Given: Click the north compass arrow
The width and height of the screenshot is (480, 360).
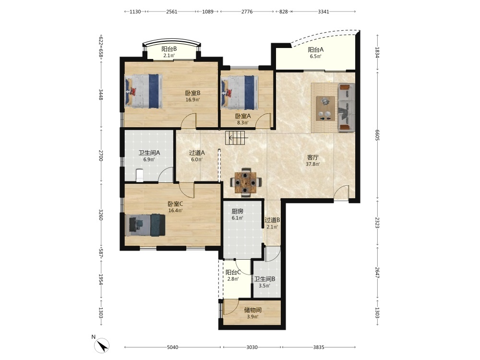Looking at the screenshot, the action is pos(102,346).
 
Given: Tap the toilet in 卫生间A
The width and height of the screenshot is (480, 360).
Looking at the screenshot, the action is pos(139,175).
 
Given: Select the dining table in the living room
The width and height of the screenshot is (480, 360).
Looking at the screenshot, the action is pos(245,182).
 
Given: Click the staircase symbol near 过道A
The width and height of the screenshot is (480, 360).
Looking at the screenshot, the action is pos(235,138).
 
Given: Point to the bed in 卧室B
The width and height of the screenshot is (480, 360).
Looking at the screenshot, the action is pos(143,91).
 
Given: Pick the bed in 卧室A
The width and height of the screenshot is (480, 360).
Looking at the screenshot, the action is pos(240,93).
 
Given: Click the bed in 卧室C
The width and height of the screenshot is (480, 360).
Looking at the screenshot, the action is pos(145,225).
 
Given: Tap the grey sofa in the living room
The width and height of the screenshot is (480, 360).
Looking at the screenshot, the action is pos(346,108).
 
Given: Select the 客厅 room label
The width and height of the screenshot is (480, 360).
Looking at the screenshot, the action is pos(313,157).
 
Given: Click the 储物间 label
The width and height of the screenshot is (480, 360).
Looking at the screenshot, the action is pos(252,310).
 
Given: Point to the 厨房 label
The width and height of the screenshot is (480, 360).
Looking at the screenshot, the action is pos(237,211).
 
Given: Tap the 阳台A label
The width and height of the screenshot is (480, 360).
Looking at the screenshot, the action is pos(316,49).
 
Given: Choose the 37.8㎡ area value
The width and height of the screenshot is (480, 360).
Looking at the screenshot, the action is pos(313,164).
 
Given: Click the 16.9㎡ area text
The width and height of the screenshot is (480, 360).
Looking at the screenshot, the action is pos(192,99).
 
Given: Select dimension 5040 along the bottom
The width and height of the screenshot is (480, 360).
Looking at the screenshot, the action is pos(173,347).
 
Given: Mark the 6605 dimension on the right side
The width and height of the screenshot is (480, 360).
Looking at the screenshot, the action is pos(377,135).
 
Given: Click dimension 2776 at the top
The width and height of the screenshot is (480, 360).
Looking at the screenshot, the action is pos(247,12).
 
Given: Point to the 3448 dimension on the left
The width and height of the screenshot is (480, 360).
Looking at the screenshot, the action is pos(101,95).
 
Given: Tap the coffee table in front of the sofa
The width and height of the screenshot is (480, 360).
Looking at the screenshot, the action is pos(325,108).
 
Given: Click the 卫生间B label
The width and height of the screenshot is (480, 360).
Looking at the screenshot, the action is pos(264,279).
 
